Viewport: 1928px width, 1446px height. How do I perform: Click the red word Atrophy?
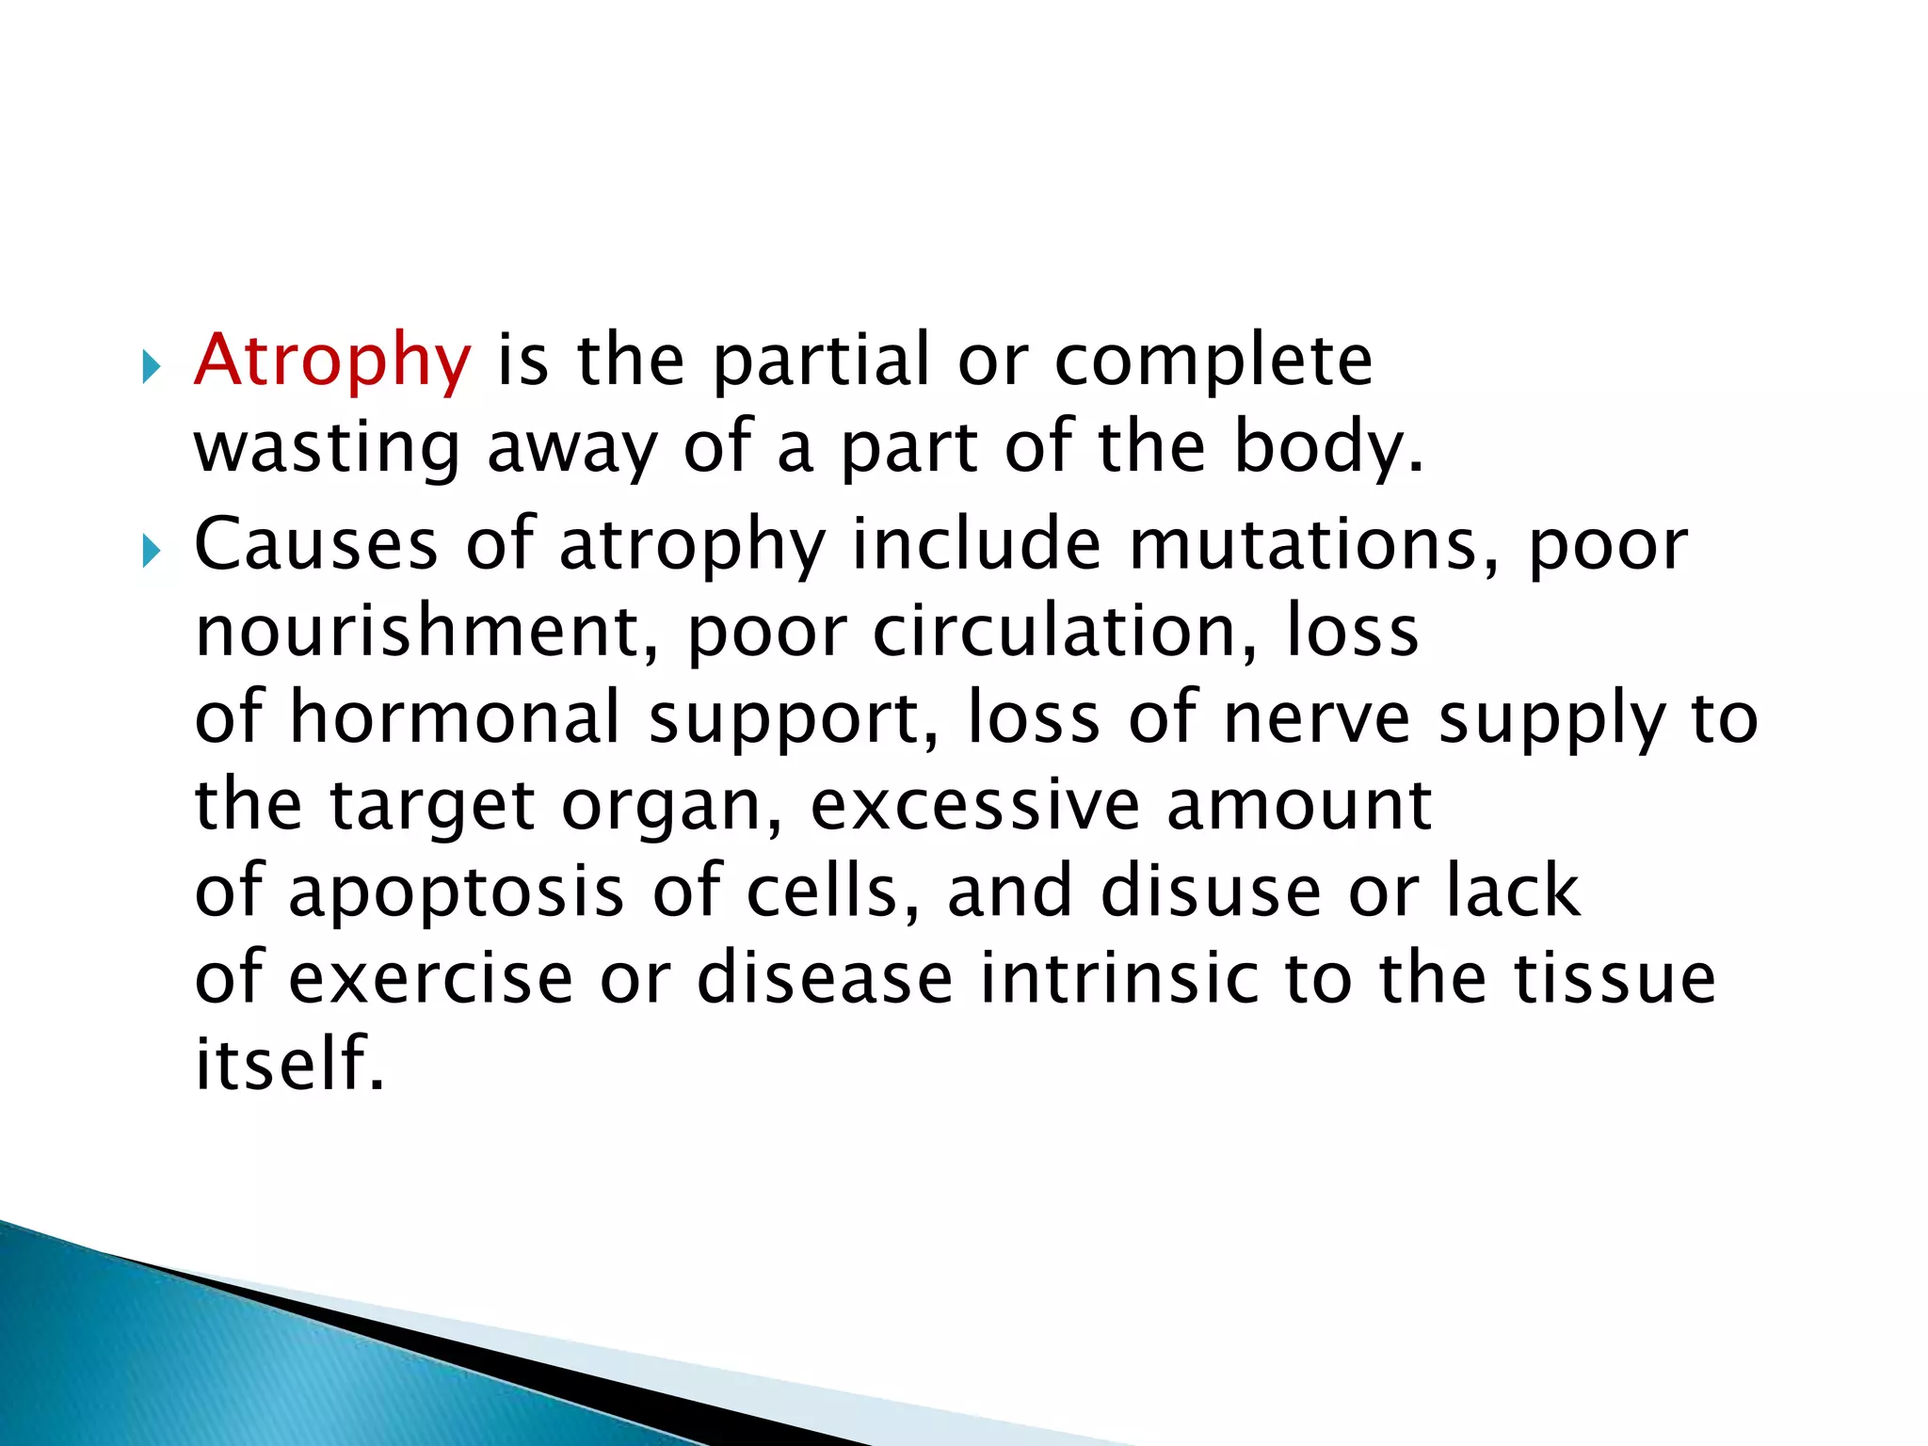331,361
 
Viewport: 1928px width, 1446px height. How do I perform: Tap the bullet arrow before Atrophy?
151,367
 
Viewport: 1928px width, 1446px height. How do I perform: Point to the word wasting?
327,449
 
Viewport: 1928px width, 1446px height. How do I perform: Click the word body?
1327,447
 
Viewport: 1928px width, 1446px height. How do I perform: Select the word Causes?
316,545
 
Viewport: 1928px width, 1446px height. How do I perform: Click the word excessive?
974,806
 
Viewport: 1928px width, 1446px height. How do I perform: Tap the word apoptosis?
456,892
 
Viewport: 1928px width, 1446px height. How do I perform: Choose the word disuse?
1211,891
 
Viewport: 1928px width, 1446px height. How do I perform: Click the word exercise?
430,978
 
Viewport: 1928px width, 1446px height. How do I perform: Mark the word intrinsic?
1118,978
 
